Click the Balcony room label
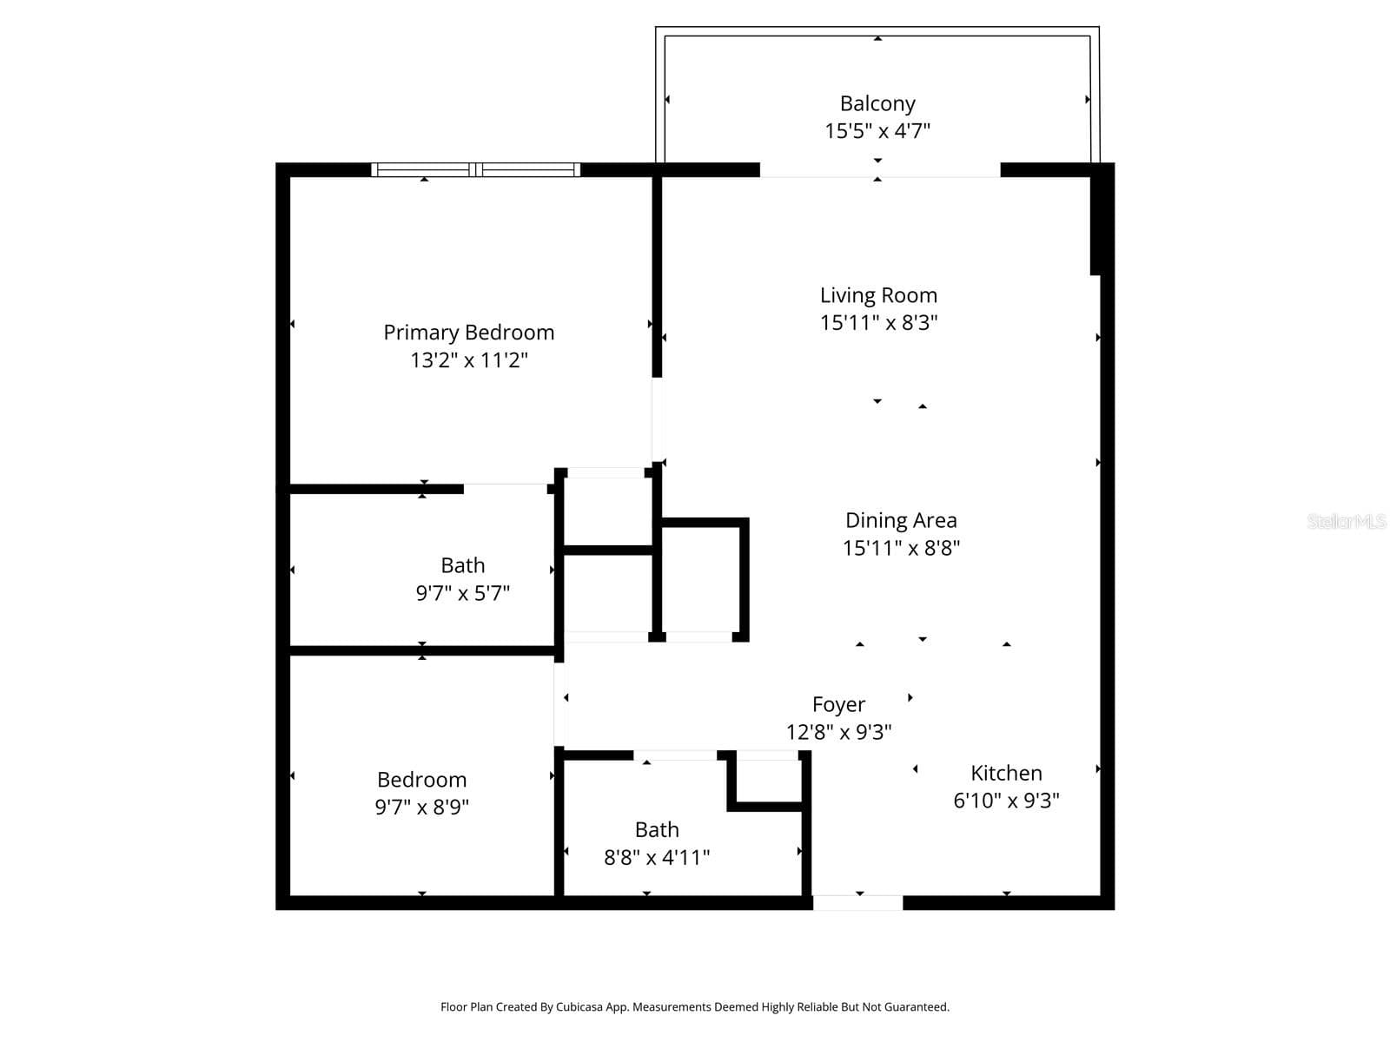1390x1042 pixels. pyautogui.click(x=877, y=103)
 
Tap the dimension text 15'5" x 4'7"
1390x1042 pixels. pyautogui.click(x=877, y=131)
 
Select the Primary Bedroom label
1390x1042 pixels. pyautogui.click(x=468, y=333)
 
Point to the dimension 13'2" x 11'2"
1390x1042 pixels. pyautogui.click(x=468, y=360)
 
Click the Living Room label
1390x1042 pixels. pyautogui.click(x=878, y=295)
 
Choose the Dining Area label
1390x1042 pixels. pyautogui.click(x=901, y=520)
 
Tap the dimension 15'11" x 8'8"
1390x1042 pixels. pyautogui.click(x=901, y=548)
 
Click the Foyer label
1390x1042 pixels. pyautogui.click(x=838, y=705)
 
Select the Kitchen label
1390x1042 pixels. pyautogui.click(x=1006, y=773)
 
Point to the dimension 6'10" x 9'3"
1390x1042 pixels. pyautogui.click(x=1006, y=801)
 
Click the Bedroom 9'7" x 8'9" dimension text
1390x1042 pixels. pyautogui.click(x=421, y=808)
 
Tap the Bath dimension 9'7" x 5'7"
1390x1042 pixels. pyautogui.click(x=462, y=593)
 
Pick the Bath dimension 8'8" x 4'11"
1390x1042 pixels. pyautogui.click(x=657, y=858)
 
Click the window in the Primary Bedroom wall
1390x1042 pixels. pyautogui.click(x=475, y=169)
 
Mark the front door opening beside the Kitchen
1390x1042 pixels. pyautogui.click(x=857, y=903)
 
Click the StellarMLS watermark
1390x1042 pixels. pyautogui.click(x=1347, y=521)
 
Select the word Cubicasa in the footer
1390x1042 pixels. pyautogui.click(x=579, y=1006)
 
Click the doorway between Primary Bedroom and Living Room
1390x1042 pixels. pyautogui.click(x=658, y=420)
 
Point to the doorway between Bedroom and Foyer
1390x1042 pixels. pyautogui.click(x=559, y=704)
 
